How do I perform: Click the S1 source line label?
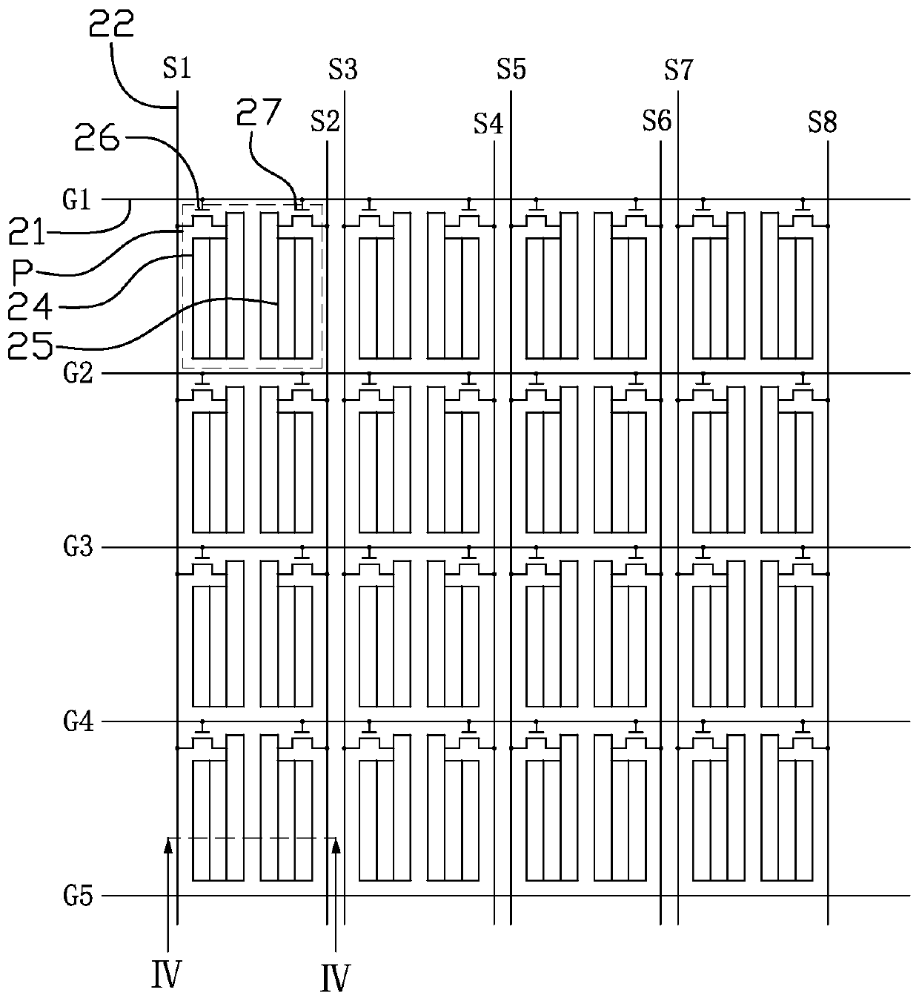click(177, 68)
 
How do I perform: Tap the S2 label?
click(325, 121)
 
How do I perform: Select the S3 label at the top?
click(342, 70)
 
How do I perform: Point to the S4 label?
click(488, 123)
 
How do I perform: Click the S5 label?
click(511, 69)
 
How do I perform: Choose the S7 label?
click(679, 70)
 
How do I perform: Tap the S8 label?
click(823, 122)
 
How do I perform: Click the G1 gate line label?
click(76, 199)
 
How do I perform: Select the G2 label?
click(78, 373)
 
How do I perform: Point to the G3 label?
click(78, 547)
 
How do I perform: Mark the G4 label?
click(79, 721)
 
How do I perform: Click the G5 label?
click(78, 896)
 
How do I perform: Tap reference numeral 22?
click(111, 24)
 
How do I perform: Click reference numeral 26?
click(97, 137)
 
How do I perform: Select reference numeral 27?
click(259, 112)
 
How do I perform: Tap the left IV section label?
click(166, 974)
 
